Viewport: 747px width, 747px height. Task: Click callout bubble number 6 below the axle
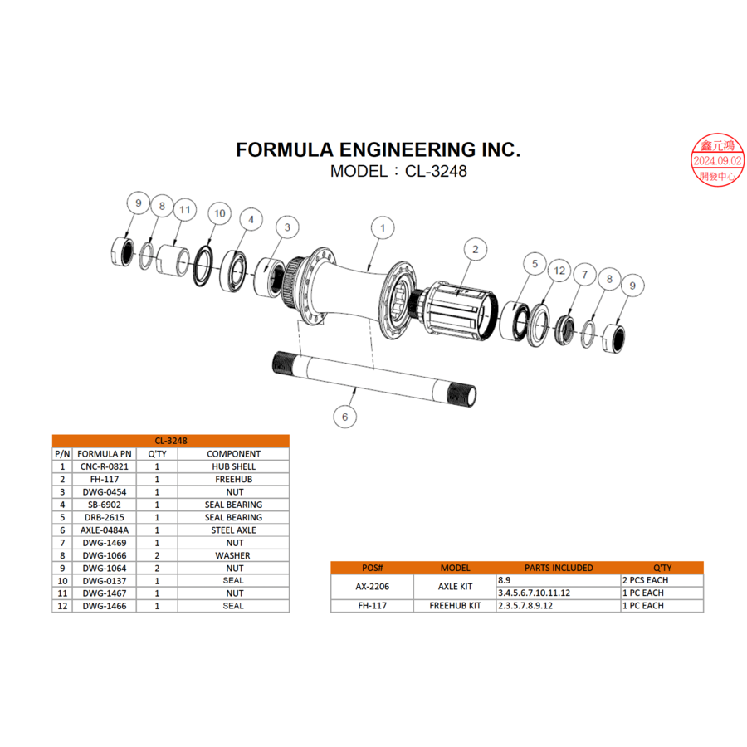pos(344,417)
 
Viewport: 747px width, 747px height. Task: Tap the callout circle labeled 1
pos(382,227)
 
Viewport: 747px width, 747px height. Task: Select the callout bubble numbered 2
pos(475,248)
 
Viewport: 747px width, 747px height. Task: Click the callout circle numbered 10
pos(219,213)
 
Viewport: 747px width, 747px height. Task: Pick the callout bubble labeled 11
pos(184,210)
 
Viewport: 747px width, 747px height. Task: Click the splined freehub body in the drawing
pos(461,315)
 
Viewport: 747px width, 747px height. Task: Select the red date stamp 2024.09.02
pos(718,160)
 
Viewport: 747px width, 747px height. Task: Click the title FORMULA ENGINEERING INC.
pos(378,149)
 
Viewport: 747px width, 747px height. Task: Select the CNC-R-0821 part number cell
pos(104,466)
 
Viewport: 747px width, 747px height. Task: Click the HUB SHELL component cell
pos(233,466)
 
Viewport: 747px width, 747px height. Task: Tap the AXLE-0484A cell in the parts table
pos(104,530)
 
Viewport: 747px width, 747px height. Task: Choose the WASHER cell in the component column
pos(233,555)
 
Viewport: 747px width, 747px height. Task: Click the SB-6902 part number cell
pos(104,505)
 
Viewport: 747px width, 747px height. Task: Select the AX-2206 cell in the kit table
pos(372,587)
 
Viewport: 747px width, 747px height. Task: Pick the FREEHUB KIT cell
pos(455,606)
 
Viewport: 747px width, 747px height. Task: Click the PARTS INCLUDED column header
pos(558,568)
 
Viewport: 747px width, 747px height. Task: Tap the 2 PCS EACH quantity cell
pos(645,580)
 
